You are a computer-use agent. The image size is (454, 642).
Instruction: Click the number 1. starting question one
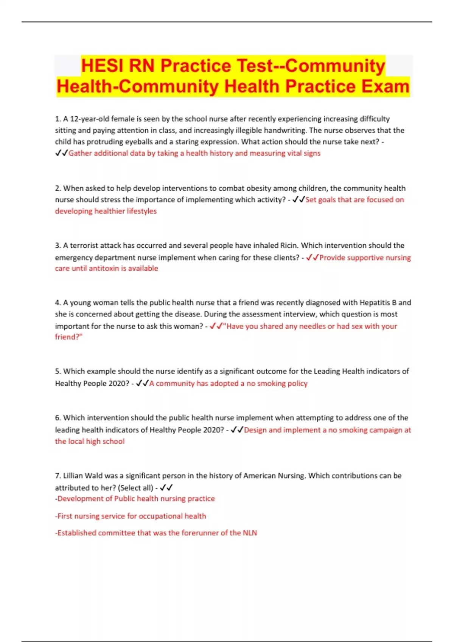58,119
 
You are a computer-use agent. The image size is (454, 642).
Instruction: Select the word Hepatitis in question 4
375,302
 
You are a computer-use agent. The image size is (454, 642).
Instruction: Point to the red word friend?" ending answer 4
68,337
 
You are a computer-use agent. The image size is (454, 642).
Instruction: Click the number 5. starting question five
58,371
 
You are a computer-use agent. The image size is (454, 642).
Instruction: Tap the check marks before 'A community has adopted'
142,383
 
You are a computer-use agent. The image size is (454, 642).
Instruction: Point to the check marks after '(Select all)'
166,488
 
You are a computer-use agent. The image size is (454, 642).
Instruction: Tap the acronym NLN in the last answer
249,533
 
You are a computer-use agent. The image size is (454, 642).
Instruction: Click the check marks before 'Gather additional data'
61,153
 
